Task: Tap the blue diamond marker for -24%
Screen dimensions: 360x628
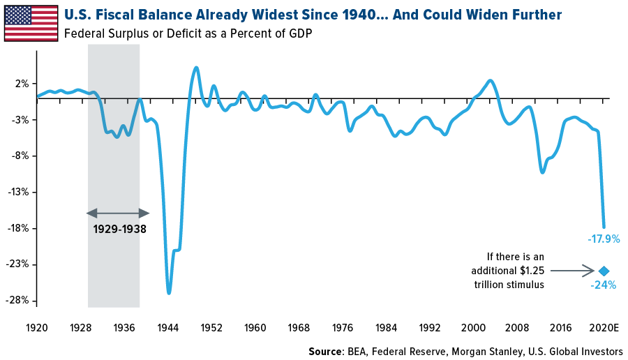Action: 604,271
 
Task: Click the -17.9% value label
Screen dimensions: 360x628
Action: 604,239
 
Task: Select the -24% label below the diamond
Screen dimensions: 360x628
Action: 604,285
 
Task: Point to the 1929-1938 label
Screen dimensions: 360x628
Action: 119,228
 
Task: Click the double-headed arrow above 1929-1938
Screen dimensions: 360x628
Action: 117,213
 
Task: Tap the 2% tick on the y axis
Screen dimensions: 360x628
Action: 21,84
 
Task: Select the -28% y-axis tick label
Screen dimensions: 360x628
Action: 18,301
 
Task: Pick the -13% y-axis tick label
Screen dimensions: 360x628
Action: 18,192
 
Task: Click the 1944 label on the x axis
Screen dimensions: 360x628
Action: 167,327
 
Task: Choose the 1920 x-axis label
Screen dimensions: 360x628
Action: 37,327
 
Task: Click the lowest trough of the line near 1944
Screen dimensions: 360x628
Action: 169,292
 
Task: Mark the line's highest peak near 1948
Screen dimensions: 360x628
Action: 196,68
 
